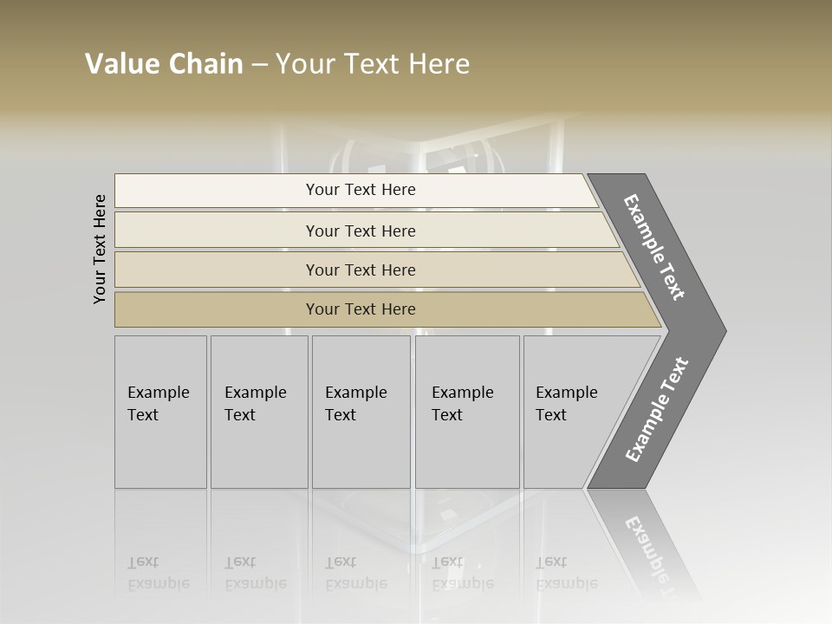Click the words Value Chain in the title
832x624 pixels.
click(x=164, y=64)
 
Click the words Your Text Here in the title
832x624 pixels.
click(x=373, y=64)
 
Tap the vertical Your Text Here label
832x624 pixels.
click(x=100, y=249)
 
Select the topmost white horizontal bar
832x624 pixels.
click(x=355, y=190)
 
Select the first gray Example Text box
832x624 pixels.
click(x=160, y=412)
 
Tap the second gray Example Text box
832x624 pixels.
click(x=259, y=412)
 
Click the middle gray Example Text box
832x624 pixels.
click(x=361, y=412)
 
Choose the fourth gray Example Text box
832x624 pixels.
click(x=467, y=412)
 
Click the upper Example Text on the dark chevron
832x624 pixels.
click(x=654, y=247)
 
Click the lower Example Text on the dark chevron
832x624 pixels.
click(x=656, y=410)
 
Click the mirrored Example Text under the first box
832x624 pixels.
click(x=158, y=573)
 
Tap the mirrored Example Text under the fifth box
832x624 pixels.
click(x=566, y=573)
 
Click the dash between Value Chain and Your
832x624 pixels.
click(x=259, y=65)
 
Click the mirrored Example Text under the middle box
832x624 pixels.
click(x=355, y=573)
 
